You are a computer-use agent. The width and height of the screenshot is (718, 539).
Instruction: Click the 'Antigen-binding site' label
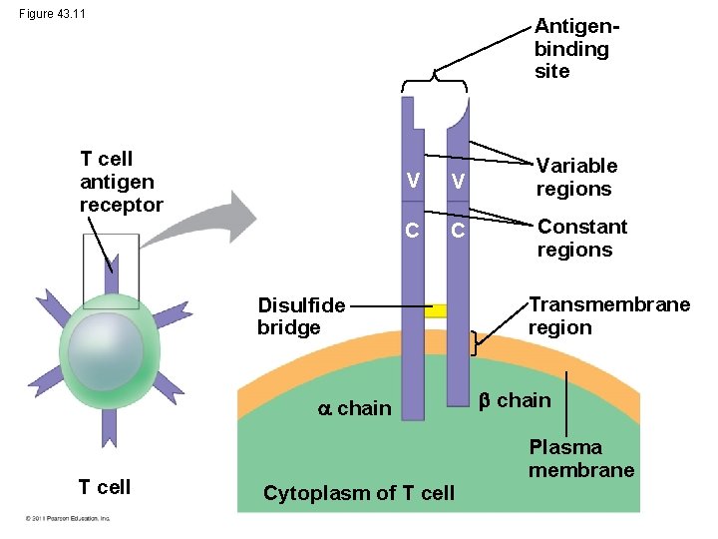pos(571,48)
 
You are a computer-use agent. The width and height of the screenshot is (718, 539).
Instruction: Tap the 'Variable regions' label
pos(576,177)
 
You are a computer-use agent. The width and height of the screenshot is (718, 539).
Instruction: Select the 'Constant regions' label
pos(581,238)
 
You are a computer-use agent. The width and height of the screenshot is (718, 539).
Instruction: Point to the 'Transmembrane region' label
pos(608,315)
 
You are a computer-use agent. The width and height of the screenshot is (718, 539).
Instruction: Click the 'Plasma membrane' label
pos(580,458)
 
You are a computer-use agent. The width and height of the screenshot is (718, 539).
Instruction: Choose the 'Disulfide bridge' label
pos(300,315)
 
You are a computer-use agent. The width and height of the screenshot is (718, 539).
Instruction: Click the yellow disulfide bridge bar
pos(435,310)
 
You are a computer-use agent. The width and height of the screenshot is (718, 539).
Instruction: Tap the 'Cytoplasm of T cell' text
pos(358,492)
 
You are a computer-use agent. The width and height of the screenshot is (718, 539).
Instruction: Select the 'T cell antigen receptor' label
pos(120,181)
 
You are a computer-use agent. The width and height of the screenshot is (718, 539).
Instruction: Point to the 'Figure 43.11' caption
pos(52,13)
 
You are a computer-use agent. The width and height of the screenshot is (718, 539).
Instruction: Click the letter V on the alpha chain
pos(411,180)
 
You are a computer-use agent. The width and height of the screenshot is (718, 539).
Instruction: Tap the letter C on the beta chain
pos(458,233)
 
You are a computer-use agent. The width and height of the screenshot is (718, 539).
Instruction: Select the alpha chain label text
pos(354,407)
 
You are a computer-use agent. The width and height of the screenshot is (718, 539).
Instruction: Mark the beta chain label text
pos(514,400)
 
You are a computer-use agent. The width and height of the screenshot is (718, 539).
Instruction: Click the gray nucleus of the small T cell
pos(107,350)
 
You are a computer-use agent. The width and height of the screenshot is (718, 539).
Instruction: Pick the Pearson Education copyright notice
pos(69,518)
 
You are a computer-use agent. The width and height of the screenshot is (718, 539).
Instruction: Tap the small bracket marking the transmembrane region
pos(475,342)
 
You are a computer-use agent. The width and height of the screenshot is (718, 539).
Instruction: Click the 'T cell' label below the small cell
pos(105,486)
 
